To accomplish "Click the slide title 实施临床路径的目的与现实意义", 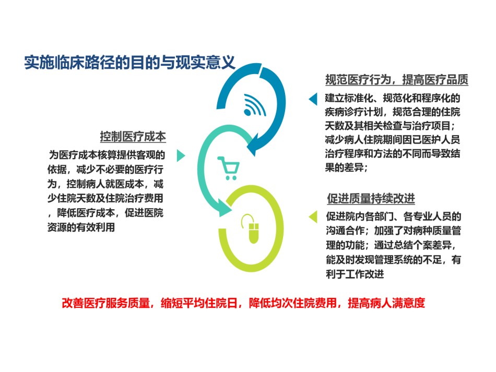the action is [x=130, y=62].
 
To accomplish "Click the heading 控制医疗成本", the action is [x=133, y=137].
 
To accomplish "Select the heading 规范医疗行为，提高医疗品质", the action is [x=397, y=80].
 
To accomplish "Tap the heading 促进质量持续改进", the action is [x=371, y=198].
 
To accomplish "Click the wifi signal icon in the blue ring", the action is [x=255, y=105].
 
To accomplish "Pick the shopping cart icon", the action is [x=228, y=168].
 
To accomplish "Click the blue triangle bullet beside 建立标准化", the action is [x=313, y=99].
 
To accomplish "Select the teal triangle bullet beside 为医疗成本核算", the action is [x=181, y=155].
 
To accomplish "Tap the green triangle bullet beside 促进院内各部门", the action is [x=313, y=217].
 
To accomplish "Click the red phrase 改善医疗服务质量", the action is [x=105, y=303].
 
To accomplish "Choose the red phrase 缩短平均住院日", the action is [x=199, y=303].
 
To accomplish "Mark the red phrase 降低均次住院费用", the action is [x=293, y=303].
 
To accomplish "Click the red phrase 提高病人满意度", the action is [x=386, y=303].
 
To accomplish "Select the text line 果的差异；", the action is [x=346, y=167].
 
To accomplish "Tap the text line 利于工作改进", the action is [x=355, y=274].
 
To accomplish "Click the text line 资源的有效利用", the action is [x=81, y=227].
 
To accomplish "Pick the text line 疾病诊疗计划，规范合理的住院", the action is [x=393, y=112].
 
